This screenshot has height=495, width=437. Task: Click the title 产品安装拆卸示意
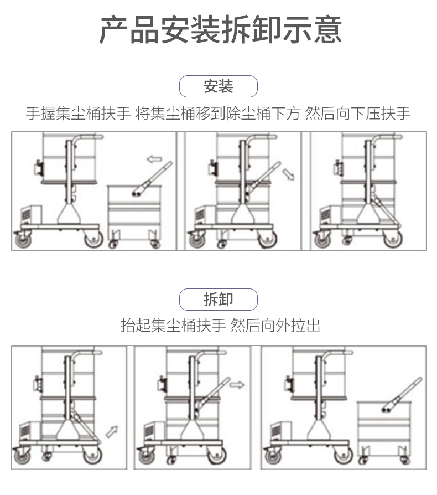(220, 30)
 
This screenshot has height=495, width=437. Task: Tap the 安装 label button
(218, 86)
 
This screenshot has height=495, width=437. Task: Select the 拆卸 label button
(218, 300)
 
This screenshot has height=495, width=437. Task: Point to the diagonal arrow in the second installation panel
(288, 175)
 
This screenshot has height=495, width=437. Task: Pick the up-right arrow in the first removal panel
(113, 429)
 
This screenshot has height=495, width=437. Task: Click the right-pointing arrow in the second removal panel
(237, 385)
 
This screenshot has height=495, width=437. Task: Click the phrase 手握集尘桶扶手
(78, 114)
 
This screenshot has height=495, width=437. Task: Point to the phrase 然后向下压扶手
(358, 114)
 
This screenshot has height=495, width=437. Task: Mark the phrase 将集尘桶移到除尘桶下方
(218, 114)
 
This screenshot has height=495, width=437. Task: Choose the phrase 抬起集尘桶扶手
(173, 326)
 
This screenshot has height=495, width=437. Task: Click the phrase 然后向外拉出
(275, 326)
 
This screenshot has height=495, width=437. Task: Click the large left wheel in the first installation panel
(23, 239)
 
